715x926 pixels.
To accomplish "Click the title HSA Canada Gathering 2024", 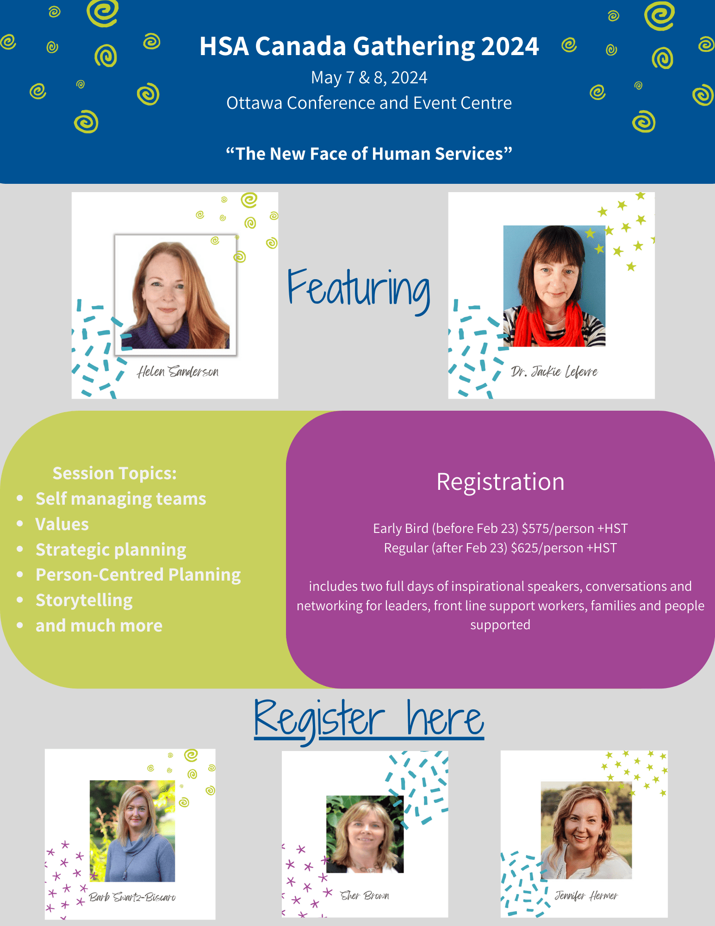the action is point(369,47).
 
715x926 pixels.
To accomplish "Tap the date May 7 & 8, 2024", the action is point(369,78).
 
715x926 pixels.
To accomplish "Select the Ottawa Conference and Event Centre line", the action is point(369,103).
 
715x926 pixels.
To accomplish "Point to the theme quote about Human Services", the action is point(369,154).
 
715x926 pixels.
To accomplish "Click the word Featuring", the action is point(359,289).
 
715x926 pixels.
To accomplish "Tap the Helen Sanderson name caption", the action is point(178,371).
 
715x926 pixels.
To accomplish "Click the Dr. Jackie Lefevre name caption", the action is point(554,371).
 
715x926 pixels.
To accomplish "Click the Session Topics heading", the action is point(114,473).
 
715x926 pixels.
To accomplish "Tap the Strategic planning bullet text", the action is point(111,550).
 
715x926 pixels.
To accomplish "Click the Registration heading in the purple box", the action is point(500,482).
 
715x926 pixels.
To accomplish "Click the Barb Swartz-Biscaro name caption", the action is point(132,897).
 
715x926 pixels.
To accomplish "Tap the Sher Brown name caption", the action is point(365,895).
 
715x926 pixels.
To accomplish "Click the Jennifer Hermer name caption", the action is point(586,895).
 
